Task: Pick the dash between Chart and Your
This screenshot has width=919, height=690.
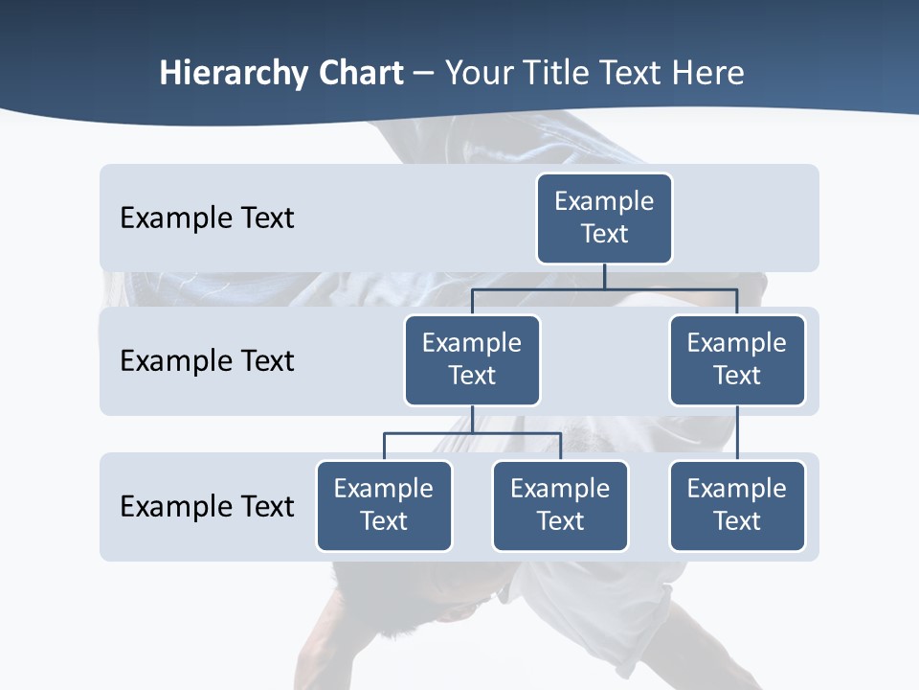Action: pyautogui.click(x=423, y=75)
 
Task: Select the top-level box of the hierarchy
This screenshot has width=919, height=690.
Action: pyautogui.click(x=604, y=218)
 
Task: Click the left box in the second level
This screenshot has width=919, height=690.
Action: pyautogui.click(x=472, y=360)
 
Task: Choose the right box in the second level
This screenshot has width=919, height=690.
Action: pyautogui.click(x=737, y=360)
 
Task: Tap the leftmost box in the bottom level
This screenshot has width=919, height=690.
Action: pyautogui.click(x=384, y=506)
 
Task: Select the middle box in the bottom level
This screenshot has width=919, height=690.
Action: pyautogui.click(x=560, y=506)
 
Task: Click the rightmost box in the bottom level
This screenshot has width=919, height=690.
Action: pyautogui.click(x=737, y=506)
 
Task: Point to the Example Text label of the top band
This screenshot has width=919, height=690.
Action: pyautogui.click(x=207, y=218)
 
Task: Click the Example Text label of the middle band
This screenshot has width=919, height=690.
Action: pyautogui.click(x=207, y=361)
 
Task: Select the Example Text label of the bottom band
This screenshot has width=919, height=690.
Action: pyautogui.click(x=207, y=506)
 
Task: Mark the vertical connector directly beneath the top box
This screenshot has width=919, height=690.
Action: pyautogui.click(x=604, y=276)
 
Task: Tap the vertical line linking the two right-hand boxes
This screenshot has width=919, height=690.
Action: pyautogui.click(x=737, y=433)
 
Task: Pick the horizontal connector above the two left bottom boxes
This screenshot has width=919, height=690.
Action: pyautogui.click(x=472, y=433)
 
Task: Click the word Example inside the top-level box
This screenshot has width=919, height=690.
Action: pyautogui.click(x=604, y=201)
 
